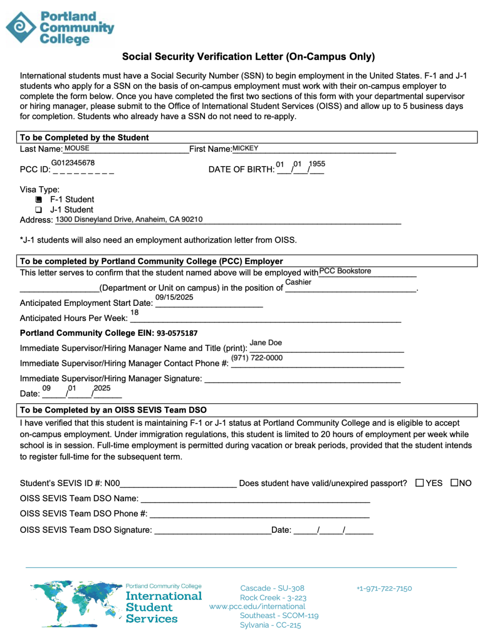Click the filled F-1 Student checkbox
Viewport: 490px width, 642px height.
(x=39, y=199)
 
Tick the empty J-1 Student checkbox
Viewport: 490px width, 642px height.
(x=39, y=210)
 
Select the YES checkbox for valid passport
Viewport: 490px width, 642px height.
(x=419, y=483)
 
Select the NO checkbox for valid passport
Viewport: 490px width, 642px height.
(x=454, y=483)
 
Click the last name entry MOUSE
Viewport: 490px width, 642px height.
(x=77, y=148)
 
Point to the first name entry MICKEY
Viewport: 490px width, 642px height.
(x=245, y=148)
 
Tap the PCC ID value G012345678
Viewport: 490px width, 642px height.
(x=73, y=163)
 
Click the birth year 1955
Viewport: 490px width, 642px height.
(x=317, y=164)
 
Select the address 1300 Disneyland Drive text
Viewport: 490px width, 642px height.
(x=129, y=219)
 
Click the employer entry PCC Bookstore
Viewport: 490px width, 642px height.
(x=345, y=271)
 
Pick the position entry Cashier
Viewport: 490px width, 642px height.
(x=298, y=282)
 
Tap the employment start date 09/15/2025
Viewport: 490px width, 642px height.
(x=174, y=297)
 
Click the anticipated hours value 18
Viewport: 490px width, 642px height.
(x=134, y=312)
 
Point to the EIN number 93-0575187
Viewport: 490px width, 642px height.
(x=177, y=333)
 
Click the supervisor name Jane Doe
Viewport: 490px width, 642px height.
(x=266, y=343)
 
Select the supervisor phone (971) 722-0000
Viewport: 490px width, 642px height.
(x=257, y=358)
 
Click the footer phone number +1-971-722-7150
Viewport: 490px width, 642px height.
(x=384, y=588)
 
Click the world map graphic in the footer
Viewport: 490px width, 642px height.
(x=76, y=604)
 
